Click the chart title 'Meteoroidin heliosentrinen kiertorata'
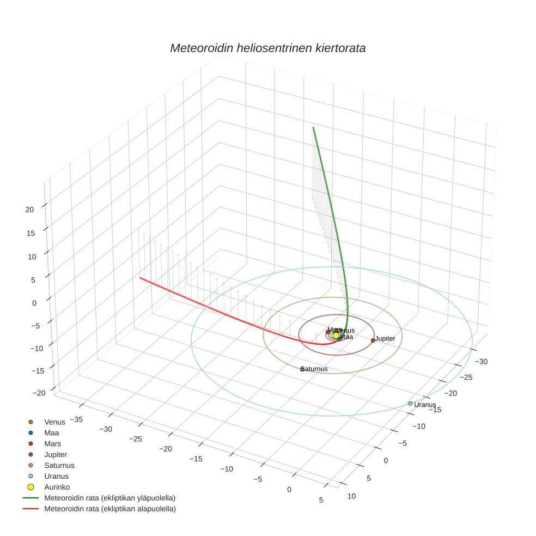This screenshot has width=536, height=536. pyautogui.click(x=267, y=48)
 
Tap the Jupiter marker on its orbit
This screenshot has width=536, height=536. pyautogui.click(x=373, y=340)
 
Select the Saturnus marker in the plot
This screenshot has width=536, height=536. pyautogui.click(x=302, y=369)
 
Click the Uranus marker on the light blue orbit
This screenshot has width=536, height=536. pyautogui.click(x=410, y=404)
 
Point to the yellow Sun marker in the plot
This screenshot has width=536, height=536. pyautogui.click(x=336, y=336)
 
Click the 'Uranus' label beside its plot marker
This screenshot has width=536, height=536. pyautogui.click(x=425, y=405)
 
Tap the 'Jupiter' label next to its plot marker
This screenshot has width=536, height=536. pyautogui.click(x=385, y=339)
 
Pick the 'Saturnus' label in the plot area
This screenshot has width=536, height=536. pyautogui.click(x=315, y=369)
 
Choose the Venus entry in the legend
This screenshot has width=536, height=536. pyautogui.click(x=54, y=422)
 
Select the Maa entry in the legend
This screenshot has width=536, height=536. pyautogui.click(x=51, y=433)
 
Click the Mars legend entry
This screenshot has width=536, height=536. pyautogui.click(x=52, y=444)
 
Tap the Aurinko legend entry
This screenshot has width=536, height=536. pyautogui.click(x=57, y=487)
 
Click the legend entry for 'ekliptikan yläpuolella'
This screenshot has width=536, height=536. pyautogui.click(x=109, y=498)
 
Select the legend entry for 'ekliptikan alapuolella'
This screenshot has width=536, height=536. pyautogui.click(x=109, y=509)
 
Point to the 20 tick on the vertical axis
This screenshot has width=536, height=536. pyautogui.click(x=29, y=209)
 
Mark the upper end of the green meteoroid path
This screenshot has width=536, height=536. pyautogui.click(x=313, y=127)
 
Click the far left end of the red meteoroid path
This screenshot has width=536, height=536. pyautogui.click(x=140, y=278)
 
